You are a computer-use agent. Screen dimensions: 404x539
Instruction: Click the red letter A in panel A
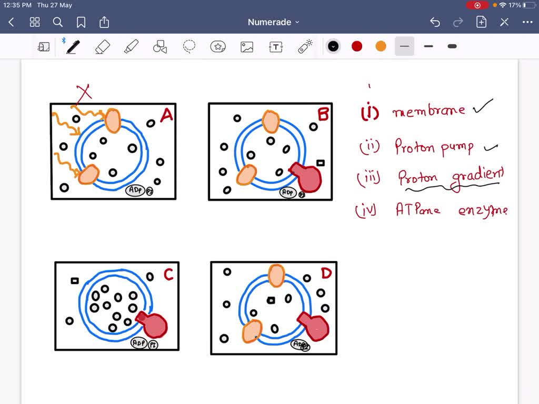(x=166, y=115)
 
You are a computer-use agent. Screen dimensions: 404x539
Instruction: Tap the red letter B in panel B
(x=323, y=114)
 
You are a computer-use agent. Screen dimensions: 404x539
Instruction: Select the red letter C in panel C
(x=168, y=275)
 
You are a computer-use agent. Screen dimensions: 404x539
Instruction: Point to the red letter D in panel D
(x=326, y=274)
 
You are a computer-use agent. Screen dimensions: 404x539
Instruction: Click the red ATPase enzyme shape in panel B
(x=306, y=177)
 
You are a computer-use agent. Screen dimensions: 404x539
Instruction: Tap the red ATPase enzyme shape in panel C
(x=153, y=325)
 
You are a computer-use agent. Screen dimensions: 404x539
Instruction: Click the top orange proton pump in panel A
(x=113, y=120)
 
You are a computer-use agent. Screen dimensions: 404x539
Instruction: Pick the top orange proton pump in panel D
(x=276, y=276)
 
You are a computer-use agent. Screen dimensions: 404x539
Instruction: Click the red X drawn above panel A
(x=84, y=94)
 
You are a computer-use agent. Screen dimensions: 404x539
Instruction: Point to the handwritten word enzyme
(x=483, y=210)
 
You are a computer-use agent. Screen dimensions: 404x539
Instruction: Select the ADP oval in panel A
(x=135, y=190)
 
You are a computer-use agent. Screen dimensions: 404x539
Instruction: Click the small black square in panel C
(x=75, y=281)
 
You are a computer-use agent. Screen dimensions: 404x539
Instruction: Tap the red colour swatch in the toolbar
(x=357, y=46)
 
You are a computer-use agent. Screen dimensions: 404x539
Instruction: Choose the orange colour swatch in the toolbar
(x=381, y=46)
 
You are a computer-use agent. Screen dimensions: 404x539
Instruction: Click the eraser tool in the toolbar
(x=102, y=47)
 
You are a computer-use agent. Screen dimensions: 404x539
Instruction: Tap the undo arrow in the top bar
(x=435, y=22)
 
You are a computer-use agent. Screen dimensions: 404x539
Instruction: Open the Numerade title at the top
(x=269, y=22)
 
